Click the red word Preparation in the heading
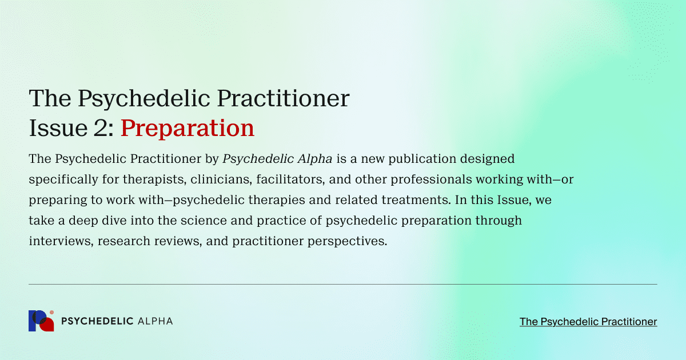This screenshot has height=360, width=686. (187, 128)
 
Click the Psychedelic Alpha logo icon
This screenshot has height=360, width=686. (41, 321)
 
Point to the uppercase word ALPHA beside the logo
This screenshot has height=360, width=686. (155, 321)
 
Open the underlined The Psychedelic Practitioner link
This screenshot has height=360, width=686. (588, 322)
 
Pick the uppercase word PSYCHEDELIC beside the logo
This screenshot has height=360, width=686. (97, 321)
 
